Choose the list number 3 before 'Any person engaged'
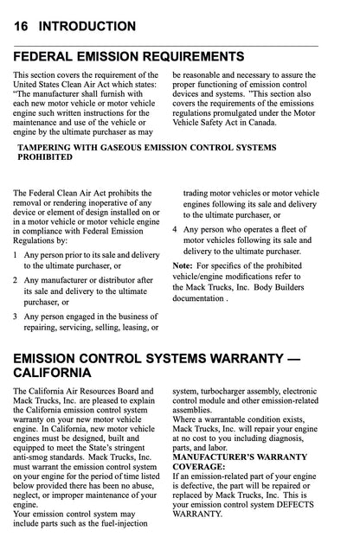point(16,316)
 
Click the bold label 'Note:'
point(183,264)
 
